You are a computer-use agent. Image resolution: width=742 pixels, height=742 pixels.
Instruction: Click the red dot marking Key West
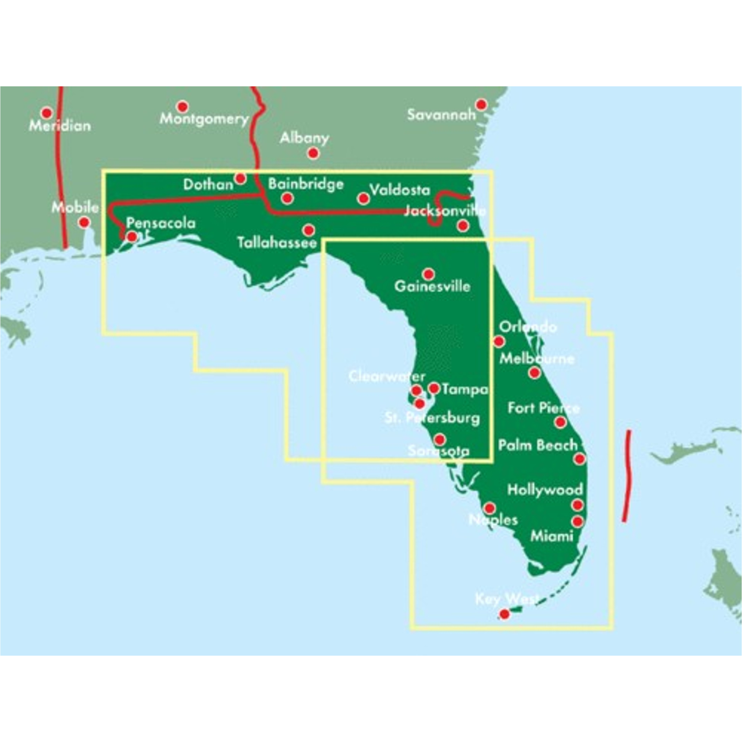504,614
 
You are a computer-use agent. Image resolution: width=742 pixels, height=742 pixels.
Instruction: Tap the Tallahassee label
277,242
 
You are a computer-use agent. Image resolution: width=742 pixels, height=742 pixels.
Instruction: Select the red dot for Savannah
481,105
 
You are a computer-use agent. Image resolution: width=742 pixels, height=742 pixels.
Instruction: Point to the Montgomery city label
204,119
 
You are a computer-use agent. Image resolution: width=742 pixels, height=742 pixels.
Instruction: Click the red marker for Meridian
47,113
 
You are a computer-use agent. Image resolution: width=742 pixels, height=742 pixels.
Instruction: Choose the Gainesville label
432,286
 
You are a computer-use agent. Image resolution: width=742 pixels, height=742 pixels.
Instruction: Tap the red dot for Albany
313,153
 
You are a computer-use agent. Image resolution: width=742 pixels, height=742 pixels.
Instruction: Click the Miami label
551,536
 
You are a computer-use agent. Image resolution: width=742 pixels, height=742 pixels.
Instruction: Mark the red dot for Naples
490,508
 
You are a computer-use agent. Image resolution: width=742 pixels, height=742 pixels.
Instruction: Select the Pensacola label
161,223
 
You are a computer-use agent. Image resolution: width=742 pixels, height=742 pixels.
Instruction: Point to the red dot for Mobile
84,222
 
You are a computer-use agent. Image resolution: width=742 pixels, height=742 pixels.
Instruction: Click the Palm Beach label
538,446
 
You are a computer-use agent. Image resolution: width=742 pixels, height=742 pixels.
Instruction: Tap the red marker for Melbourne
535,372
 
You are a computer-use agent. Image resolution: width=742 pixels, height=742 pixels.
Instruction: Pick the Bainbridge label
306,184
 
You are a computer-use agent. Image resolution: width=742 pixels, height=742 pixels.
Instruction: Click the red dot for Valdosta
363,198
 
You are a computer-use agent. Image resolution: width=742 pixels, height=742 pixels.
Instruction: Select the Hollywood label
545,490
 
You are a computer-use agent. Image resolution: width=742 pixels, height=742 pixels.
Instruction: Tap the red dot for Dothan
240,178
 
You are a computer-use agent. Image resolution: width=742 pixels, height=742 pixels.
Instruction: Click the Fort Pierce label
543,408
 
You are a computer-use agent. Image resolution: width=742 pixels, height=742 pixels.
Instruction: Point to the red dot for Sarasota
439,439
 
